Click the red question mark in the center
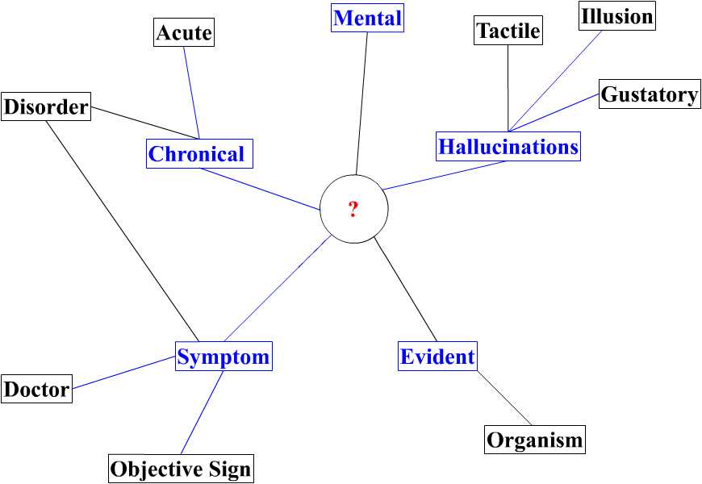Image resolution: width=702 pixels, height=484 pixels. click(x=353, y=210)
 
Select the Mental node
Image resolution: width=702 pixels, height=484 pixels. click(x=367, y=18)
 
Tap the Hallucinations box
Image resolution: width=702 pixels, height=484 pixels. click(x=508, y=147)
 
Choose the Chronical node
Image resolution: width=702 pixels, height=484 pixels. click(x=199, y=153)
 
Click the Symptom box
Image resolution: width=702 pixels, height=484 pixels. click(x=224, y=356)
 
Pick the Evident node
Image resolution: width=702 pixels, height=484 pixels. click(x=437, y=356)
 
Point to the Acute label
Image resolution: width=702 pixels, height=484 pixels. click(x=184, y=33)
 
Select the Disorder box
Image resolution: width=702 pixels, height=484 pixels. click(x=46, y=106)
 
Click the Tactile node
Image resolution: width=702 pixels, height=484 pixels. click(x=508, y=31)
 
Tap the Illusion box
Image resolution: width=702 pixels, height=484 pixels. click(x=616, y=16)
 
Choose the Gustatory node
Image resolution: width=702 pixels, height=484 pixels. click(x=650, y=94)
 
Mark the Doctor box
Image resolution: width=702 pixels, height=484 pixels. click(x=36, y=390)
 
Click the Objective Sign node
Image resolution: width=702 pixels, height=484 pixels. click(x=181, y=469)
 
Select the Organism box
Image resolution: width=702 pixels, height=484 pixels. click(x=535, y=440)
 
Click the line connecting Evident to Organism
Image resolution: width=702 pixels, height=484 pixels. click(x=504, y=398)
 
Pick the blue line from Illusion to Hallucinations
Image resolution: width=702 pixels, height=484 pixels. click(x=556, y=79)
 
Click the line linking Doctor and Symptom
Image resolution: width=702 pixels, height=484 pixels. click(x=123, y=373)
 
